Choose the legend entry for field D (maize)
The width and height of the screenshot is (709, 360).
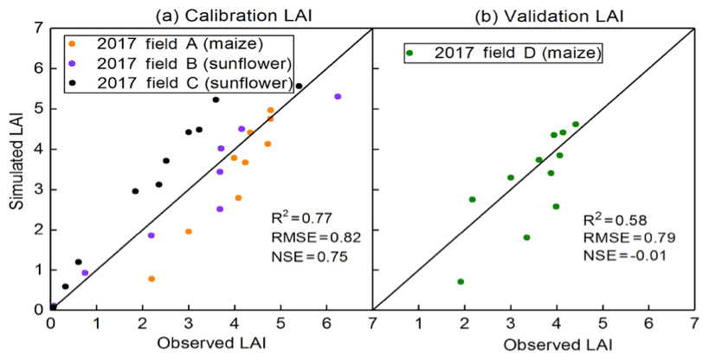click(505, 55)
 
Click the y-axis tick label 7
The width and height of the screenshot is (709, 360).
click(37, 28)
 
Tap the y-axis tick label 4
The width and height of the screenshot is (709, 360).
click(37, 149)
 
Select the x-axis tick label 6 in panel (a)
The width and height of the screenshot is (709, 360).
click(326, 324)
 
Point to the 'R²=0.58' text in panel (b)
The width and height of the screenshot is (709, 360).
click(613, 218)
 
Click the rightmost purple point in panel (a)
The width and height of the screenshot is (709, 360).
click(338, 97)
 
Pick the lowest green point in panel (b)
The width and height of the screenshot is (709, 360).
click(461, 281)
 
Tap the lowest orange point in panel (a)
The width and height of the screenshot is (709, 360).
click(151, 279)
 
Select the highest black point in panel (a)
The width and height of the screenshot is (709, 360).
click(299, 87)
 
